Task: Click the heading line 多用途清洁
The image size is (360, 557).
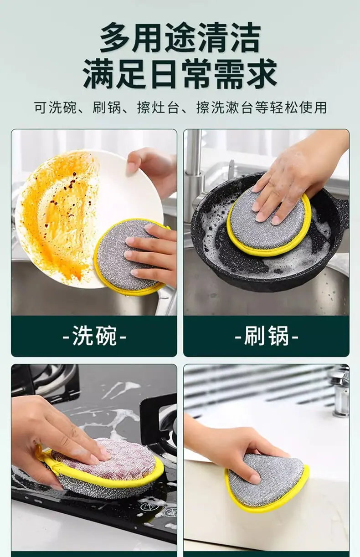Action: [180, 38]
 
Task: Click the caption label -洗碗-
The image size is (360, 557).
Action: [94, 336]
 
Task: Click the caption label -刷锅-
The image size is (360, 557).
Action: [267, 336]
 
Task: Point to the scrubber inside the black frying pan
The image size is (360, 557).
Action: [269, 223]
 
